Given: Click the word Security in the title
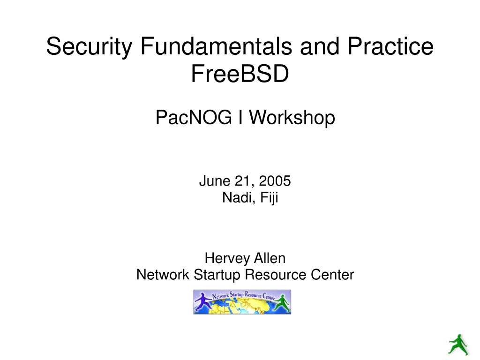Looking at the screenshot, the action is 89,46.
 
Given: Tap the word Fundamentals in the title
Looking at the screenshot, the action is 216,46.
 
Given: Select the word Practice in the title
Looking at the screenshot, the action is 390,46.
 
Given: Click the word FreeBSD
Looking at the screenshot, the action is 240,74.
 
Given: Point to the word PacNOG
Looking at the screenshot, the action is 194,117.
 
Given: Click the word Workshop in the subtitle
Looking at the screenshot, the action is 292,118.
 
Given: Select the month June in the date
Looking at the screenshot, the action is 215,180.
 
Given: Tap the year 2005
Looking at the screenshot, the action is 275,180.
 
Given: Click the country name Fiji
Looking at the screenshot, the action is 269,197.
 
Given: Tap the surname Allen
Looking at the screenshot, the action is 270,258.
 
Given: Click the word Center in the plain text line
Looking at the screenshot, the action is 332,274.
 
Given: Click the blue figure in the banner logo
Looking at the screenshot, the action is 203,302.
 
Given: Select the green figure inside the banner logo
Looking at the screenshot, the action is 282,303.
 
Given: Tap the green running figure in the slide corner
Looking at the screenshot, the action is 458,345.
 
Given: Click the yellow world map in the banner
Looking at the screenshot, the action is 242,306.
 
